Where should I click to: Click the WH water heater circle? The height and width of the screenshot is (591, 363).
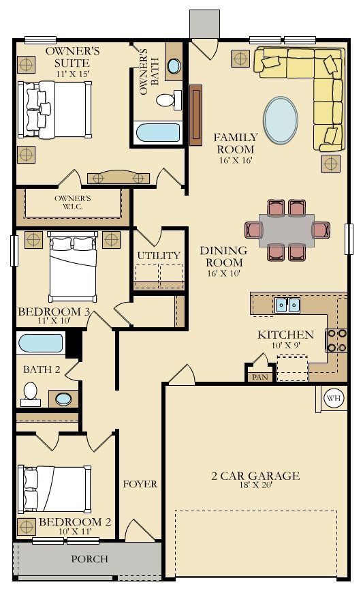[334, 398]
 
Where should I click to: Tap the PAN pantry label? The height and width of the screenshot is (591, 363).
[260, 377]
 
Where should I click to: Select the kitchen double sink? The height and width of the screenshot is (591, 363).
[287, 305]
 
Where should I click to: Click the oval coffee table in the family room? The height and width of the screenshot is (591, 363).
[281, 120]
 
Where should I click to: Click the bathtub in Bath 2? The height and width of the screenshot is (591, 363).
[40, 344]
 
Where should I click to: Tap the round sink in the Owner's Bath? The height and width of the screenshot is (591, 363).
[174, 66]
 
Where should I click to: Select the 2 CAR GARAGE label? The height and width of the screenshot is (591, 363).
[255, 476]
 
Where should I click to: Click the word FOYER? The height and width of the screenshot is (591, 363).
[140, 484]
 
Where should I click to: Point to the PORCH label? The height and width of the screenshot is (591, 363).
[90, 559]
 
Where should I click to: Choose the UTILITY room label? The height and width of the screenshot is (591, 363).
[159, 256]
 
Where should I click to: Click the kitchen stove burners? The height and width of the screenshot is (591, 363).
[336, 340]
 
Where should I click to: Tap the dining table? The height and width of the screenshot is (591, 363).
[287, 230]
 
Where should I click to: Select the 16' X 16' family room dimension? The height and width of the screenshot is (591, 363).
[236, 160]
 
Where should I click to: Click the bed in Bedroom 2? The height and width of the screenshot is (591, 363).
[55, 489]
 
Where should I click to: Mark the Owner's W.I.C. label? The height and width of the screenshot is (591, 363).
[72, 202]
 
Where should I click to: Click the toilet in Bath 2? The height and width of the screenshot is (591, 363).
[31, 395]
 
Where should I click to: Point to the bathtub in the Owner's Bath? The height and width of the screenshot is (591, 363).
[158, 132]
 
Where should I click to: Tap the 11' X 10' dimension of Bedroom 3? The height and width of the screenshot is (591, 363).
[54, 321]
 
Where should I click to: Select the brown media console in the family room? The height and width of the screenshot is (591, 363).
[196, 115]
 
